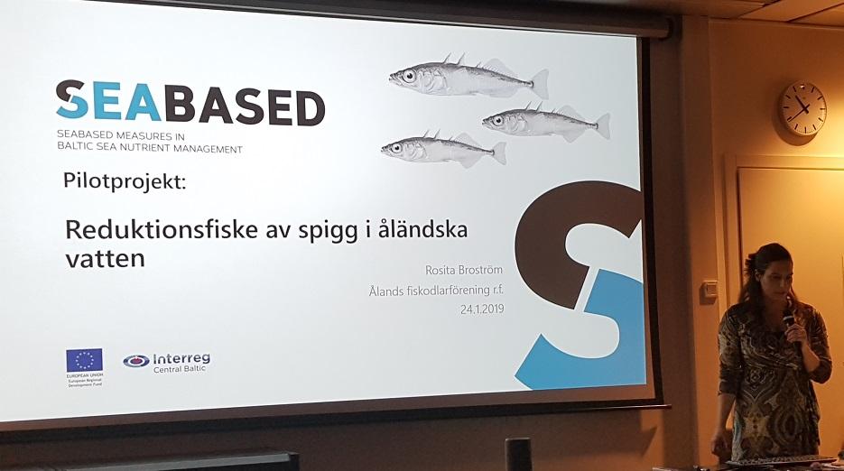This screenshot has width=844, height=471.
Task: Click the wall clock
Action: coord(802,108)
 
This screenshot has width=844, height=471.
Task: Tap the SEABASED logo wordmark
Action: coord(190,104)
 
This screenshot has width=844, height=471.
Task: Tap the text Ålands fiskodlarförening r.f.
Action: coord(436,290)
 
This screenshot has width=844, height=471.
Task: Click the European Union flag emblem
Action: coord(84,360)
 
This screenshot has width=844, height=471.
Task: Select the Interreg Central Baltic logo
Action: coord(166,361)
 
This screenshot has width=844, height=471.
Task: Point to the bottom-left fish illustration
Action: coord(442,149)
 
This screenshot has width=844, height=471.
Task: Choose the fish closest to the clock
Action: coord(545,122)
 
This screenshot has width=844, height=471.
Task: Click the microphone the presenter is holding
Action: coord(788,321)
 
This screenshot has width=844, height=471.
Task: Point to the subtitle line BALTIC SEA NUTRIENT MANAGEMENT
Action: coord(149,148)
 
